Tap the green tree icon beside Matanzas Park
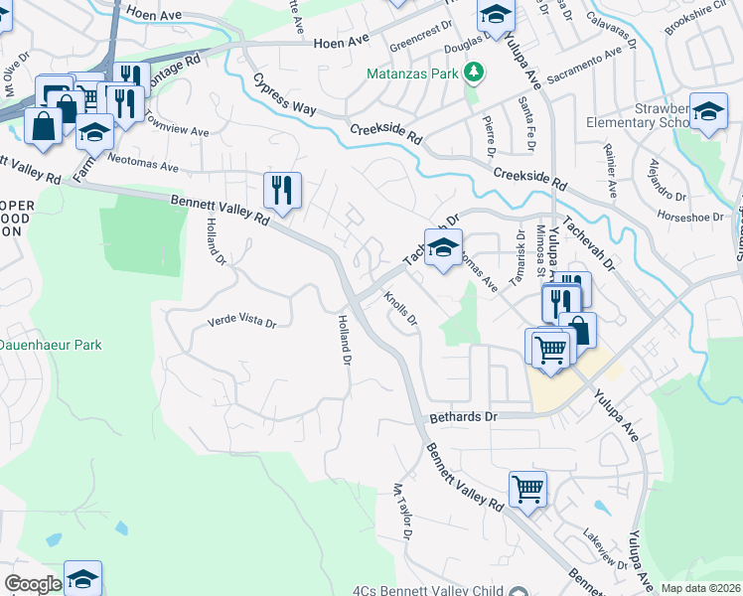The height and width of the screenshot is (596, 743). coord(475,72)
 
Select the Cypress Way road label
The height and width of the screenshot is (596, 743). coord(283,94)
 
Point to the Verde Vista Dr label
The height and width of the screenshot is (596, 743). coord(240,322)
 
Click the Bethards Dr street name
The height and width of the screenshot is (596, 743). coord(462,417)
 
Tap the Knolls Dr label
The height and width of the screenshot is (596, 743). coord(401,309)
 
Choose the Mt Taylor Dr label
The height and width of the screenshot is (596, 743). coord(402,511)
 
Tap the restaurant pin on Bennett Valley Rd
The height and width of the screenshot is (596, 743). coord(282,188)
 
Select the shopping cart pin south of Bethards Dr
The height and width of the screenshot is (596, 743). coord(527,488)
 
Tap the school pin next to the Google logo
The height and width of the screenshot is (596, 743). coord(83,578)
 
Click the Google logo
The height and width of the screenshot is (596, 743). coord(33,584)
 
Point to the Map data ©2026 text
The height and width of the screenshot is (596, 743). coord(700,588)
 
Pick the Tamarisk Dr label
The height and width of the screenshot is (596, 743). coord(517,254)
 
